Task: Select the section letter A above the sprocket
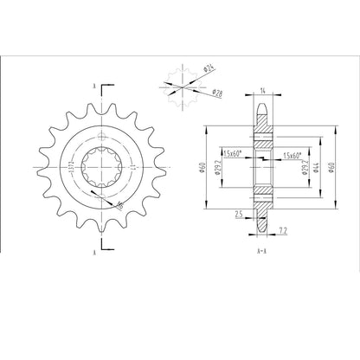point(93,86)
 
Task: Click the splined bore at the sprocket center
point(101,165)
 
